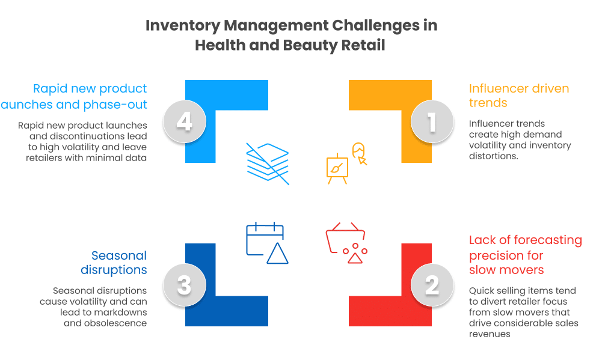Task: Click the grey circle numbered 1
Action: click(x=432, y=121)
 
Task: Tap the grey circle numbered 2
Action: click(x=432, y=285)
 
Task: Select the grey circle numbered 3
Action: click(x=185, y=285)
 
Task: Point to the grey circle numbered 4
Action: click(x=185, y=121)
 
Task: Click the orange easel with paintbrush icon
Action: click(x=337, y=169)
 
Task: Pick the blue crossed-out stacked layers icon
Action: click(x=268, y=163)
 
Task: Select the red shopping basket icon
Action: click(x=346, y=243)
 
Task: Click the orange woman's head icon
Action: click(x=359, y=153)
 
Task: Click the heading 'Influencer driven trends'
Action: click(x=519, y=96)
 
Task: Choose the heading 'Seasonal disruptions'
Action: click(x=114, y=263)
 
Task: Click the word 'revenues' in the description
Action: click(x=490, y=334)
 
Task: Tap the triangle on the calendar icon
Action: click(x=277, y=254)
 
